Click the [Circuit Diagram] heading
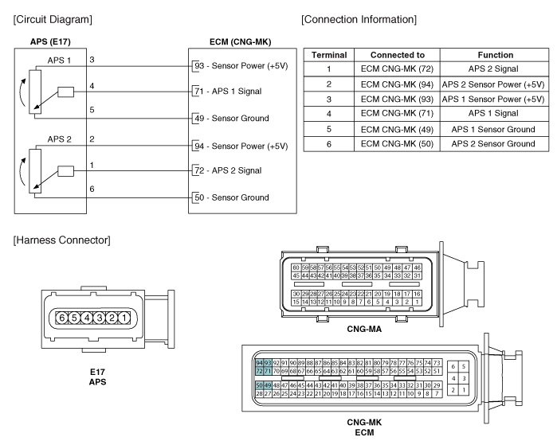coord(53,19)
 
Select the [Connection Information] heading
coord(359,19)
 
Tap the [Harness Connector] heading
coord(62,240)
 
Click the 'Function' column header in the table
coord(495,55)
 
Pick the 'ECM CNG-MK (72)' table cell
coord(397,68)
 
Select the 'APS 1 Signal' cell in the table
coord(493,114)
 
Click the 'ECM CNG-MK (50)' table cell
coord(397,144)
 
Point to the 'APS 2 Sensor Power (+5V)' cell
coord(493,84)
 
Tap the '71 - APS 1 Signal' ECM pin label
coord(228,92)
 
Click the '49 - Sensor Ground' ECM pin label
coord(232,118)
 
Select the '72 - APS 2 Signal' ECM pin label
coord(228,170)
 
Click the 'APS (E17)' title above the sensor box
coord(50,42)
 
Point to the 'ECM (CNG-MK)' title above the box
coord(240,42)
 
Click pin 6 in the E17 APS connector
coord(62,318)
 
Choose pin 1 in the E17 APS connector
coord(124,318)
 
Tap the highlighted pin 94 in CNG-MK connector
coord(259,363)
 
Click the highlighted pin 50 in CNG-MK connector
coord(259,385)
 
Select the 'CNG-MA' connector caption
coord(364,330)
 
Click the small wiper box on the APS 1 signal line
coord(65,92)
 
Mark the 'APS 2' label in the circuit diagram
coord(59,139)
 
